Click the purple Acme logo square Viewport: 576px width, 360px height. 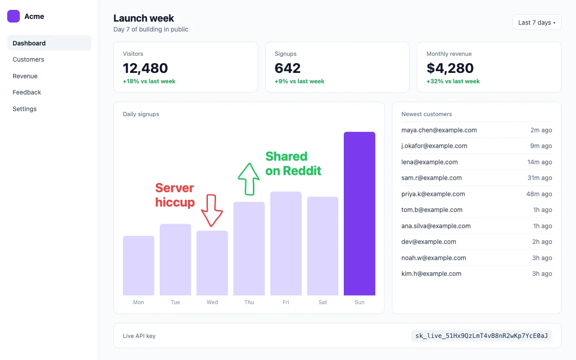(x=13, y=16)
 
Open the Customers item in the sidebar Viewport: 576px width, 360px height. (x=28, y=59)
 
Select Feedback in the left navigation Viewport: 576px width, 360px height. (x=27, y=92)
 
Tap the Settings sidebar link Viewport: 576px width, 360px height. (x=25, y=109)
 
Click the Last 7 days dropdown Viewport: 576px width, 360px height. (x=537, y=22)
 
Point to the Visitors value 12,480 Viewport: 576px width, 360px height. (x=145, y=68)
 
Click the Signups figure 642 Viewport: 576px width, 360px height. (x=288, y=68)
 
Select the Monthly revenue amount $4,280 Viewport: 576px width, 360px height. (x=450, y=68)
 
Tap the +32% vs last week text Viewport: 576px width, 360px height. (x=453, y=81)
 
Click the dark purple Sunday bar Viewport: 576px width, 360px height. (x=360, y=213)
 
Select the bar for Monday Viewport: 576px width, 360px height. (x=139, y=265)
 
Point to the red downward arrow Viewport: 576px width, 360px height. (x=211, y=210)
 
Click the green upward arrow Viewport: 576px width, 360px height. (x=249, y=179)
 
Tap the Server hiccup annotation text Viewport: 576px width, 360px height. (x=175, y=195)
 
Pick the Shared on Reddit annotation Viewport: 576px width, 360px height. (x=293, y=163)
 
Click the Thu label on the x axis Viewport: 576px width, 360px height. (x=249, y=302)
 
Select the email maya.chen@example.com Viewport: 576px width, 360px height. (x=439, y=130)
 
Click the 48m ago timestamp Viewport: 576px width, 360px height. (x=539, y=194)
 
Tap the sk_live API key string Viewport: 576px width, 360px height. (x=481, y=336)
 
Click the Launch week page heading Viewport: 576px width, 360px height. (x=144, y=18)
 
